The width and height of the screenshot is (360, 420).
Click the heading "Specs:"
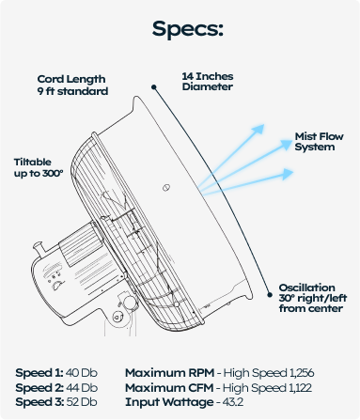pos(187,29)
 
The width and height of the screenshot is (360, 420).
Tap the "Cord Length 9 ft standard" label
pos(72,86)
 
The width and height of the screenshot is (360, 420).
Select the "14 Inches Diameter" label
pos(208,82)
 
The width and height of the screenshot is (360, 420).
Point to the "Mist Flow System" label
pos(319,142)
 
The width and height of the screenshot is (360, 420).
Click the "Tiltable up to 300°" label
pos(39,167)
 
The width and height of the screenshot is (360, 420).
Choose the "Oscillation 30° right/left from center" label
pos(313,298)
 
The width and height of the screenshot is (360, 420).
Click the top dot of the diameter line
pos(154,87)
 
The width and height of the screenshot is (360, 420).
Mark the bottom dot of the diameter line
pos(270,295)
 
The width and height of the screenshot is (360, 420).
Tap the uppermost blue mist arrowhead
pos(258,129)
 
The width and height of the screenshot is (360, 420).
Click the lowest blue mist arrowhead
pos(288,174)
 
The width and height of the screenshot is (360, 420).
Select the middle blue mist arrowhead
pos(286,145)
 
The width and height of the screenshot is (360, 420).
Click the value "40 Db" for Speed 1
pos(82,373)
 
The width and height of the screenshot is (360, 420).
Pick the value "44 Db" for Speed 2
pos(82,388)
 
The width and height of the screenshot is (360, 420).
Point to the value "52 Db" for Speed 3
pos(82,402)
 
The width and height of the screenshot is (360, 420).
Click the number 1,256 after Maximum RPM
pos(302,373)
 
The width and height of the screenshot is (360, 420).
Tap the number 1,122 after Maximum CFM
pos(301,388)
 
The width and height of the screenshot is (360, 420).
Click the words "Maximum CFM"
pos(169,388)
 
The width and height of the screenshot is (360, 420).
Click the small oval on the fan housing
pos(166,188)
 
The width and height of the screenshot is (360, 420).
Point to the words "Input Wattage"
pos(169,402)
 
